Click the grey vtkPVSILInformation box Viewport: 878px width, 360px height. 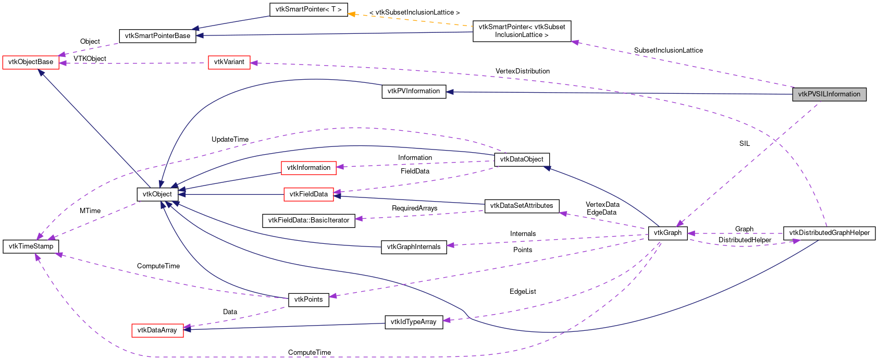coord(829,94)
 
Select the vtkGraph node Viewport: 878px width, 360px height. coord(667,233)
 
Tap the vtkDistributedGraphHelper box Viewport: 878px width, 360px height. coord(829,233)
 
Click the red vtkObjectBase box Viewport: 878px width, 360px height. coord(31,62)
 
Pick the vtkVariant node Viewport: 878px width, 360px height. coord(229,62)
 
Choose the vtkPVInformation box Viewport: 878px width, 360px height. coord(414,91)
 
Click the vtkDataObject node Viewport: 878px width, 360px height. coord(522,159)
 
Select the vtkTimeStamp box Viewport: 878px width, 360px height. coord(31,246)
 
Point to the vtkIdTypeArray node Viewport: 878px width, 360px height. coord(413,322)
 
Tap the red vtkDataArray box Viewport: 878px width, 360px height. coord(157,330)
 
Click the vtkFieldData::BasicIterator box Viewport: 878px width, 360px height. coord(308,220)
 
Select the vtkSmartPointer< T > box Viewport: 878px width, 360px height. coord(308,9)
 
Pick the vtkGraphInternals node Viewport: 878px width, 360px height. coord(414,247)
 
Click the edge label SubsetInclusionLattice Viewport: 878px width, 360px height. coord(668,51)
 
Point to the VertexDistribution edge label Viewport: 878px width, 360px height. coord(522,71)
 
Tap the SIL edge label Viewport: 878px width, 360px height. coord(744,144)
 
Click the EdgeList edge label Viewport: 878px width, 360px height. coord(523,292)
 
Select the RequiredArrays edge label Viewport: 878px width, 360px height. coord(414,208)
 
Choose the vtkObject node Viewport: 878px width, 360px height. coord(157,194)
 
